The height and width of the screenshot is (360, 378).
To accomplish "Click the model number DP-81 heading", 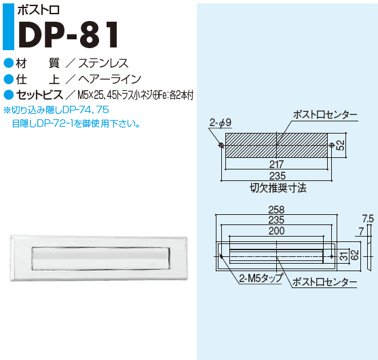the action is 69,35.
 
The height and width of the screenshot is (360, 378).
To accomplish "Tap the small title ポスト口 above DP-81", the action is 39,10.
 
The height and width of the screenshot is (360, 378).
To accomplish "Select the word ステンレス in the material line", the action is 103,63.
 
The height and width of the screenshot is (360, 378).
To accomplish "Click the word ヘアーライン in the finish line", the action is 109,79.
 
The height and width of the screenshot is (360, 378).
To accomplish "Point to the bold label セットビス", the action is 39,95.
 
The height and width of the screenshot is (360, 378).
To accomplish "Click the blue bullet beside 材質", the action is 9,63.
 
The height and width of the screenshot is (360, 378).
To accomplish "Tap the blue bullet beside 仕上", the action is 9,79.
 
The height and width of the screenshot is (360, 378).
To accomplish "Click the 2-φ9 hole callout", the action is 221,123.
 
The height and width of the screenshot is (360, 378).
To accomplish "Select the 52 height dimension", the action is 341,145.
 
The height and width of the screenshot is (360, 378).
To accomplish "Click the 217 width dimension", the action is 276,165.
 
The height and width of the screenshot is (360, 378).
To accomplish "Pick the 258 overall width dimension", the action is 276,209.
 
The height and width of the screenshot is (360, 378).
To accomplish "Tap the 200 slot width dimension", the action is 277,231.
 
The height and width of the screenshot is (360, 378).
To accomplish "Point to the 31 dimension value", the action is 345,256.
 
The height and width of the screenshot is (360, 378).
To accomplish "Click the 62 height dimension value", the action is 355,255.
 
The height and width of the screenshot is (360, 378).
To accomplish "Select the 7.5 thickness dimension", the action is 368,219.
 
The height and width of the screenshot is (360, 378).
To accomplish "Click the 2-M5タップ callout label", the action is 261,279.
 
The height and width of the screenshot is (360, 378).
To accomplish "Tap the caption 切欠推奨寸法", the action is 278,188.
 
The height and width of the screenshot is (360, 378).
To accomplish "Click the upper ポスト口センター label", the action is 325,115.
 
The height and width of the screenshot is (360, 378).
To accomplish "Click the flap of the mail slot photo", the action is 100,258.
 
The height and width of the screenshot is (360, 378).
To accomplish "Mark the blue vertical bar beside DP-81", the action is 8,26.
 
